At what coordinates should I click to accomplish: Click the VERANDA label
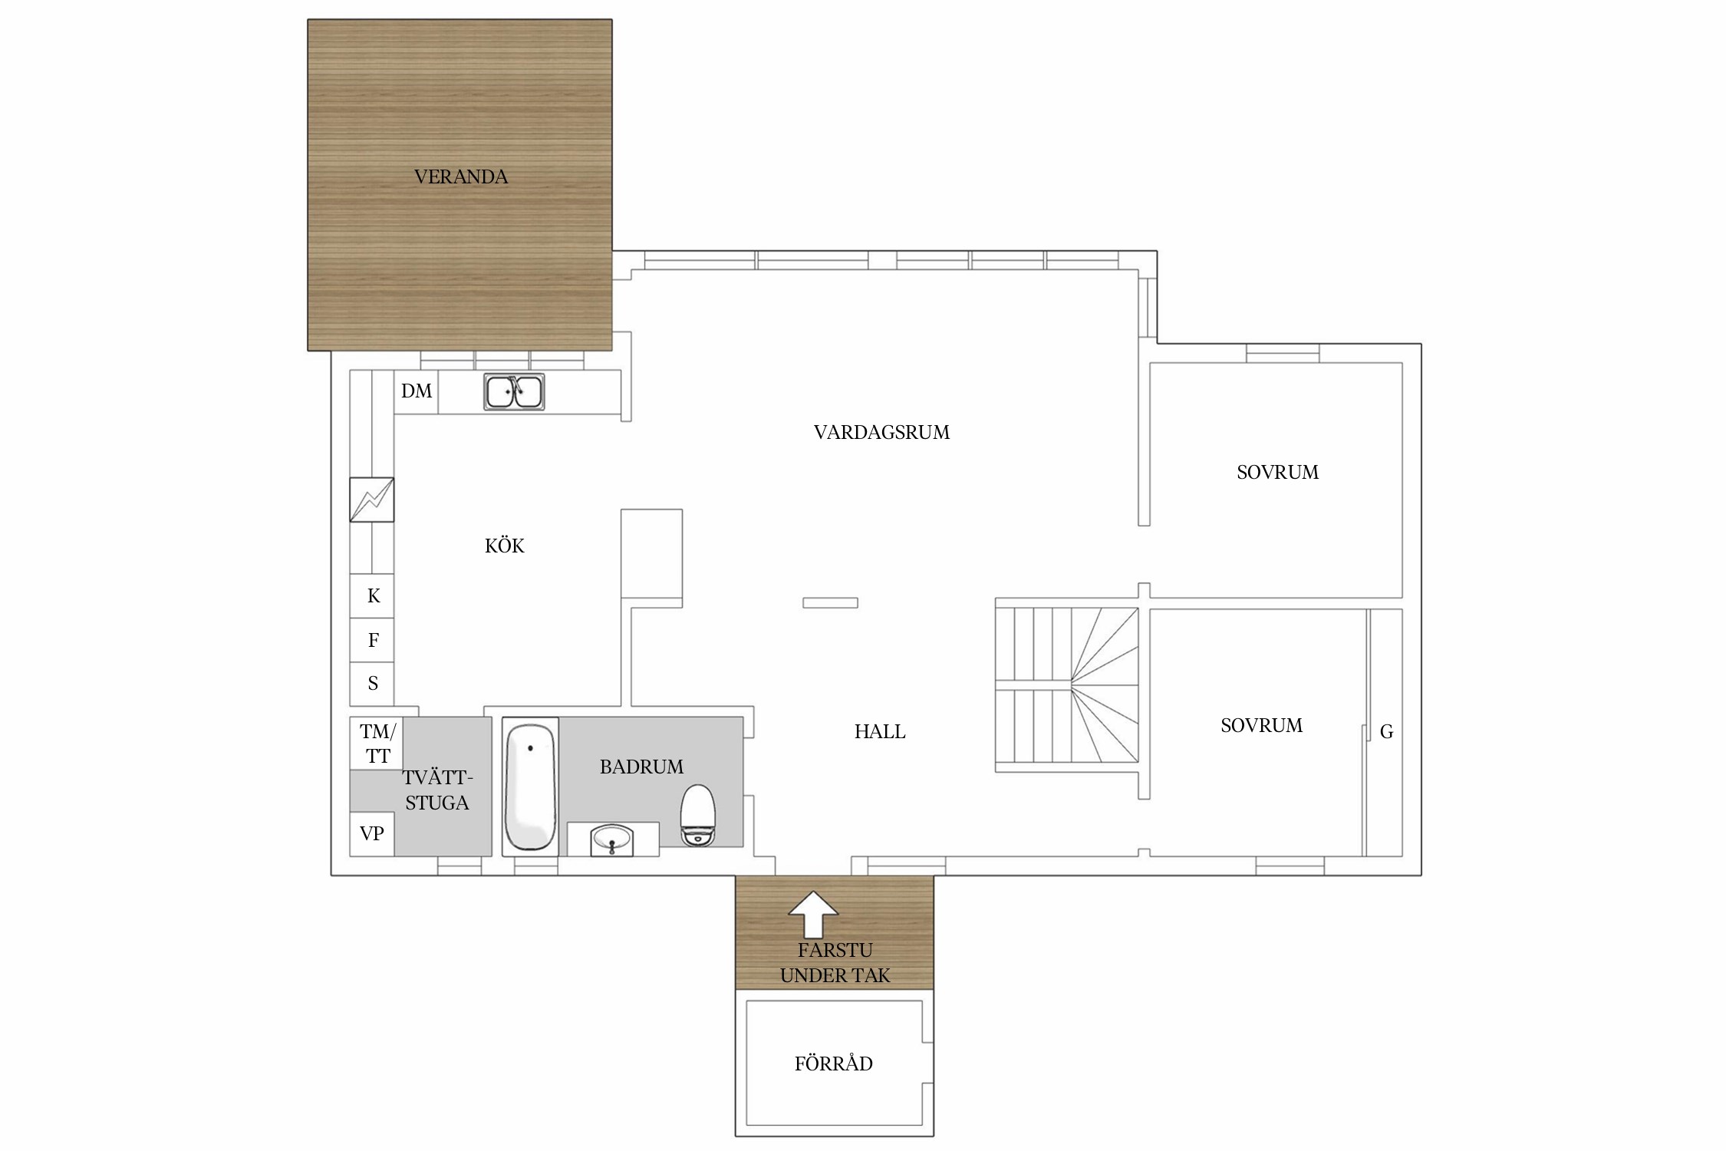[x=460, y=176]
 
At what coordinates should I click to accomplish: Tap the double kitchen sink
[x=514, y=391]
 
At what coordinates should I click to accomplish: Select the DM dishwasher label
[x=417, y=391]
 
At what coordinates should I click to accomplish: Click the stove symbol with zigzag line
[x=372, y=500]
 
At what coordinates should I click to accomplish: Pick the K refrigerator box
[x=372, y=596]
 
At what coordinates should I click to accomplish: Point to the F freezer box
[x=372, y=640]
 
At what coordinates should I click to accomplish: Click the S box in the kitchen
[x=372, y=684]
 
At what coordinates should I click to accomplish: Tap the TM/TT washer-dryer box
[x=377, y=744]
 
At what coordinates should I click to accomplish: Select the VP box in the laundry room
[x=372, y=834]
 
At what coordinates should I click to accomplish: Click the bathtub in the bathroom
[x=530, y=787]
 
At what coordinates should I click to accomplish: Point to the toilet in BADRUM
[x=698, y=815]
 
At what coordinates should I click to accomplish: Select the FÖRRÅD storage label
[x=834, y=1064]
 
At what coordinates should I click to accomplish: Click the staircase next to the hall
[x=1067, y=684]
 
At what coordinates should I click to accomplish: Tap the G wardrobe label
[x=1386, y=732]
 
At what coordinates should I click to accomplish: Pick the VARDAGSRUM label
[x=881, y=433]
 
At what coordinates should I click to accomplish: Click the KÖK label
[x=505, y=546]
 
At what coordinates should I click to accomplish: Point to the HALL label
[x=880, y=732]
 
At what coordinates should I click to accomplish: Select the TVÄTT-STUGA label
[x=436, y=790]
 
